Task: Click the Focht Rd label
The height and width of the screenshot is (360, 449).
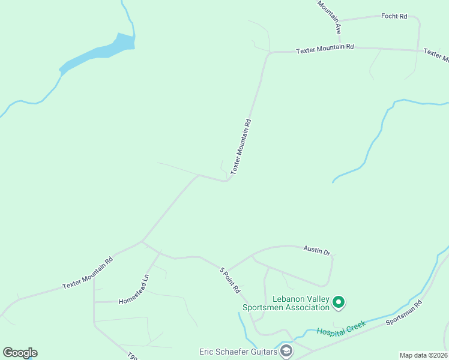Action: point(394,16)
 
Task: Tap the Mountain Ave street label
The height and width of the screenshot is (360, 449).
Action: point(330,16)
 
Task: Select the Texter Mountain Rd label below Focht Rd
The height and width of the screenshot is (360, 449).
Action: point(325,49)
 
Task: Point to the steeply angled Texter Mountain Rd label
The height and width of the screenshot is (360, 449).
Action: point(240,146)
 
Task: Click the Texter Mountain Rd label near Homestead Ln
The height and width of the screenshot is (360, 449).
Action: point(88,274)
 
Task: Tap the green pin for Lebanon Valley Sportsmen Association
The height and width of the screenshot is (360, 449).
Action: point(339,302)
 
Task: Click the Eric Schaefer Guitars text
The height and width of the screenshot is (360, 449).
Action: point(238,352)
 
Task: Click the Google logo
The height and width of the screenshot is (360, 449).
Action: point(20,353)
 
